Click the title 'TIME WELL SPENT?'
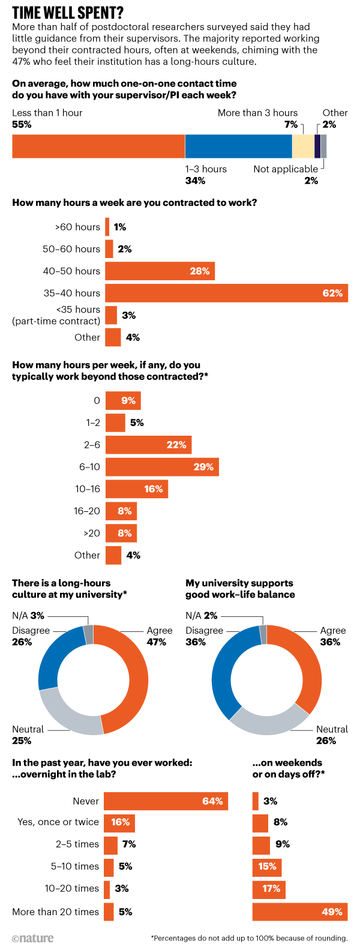point(68,13)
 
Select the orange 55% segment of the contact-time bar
point(98,146)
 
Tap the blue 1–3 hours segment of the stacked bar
point(238,146)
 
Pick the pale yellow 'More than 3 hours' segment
point(303,146)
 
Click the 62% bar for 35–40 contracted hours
point(226,293)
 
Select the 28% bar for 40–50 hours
point(160,271)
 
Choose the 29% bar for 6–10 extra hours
point(162,467)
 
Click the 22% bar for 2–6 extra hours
point(148,445)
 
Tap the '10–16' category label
point(88,489)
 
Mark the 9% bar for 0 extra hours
point(123,401)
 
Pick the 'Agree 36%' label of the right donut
point(332,636)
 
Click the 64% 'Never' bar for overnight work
point(166,801)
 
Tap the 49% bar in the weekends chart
point(300,912)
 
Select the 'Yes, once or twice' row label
point(58,822)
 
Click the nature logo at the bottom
point(33,938)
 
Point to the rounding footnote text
point(249,938)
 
